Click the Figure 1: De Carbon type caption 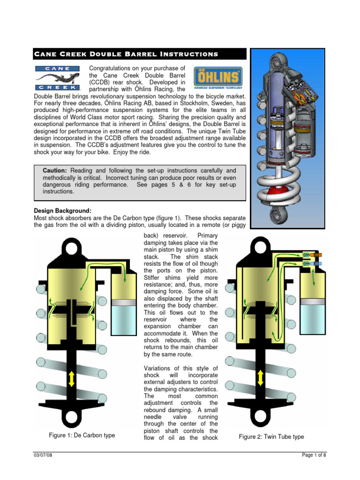82,435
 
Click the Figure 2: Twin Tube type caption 271,436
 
